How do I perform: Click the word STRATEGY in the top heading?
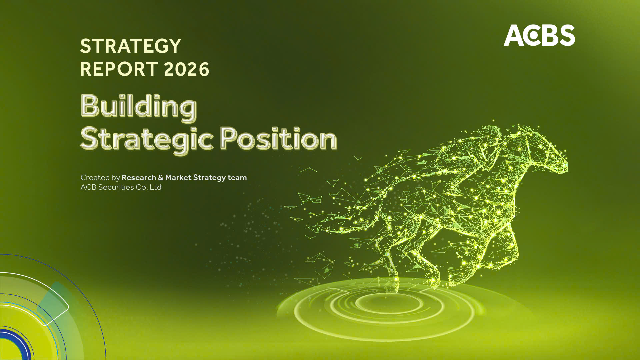coord(130,46)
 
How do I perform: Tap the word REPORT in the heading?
coord(119,69)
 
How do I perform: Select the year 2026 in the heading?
coord(186,69)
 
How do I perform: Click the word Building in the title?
coord(139,107)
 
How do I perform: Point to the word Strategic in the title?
coord(147,139)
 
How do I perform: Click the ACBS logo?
coord(539,35)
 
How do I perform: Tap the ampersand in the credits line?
coord(161,178)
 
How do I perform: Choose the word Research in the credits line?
coord(139,177)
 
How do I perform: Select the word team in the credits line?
coord(237,177)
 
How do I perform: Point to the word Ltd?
coord(155,187)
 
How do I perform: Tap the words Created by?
coord(100,177)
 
